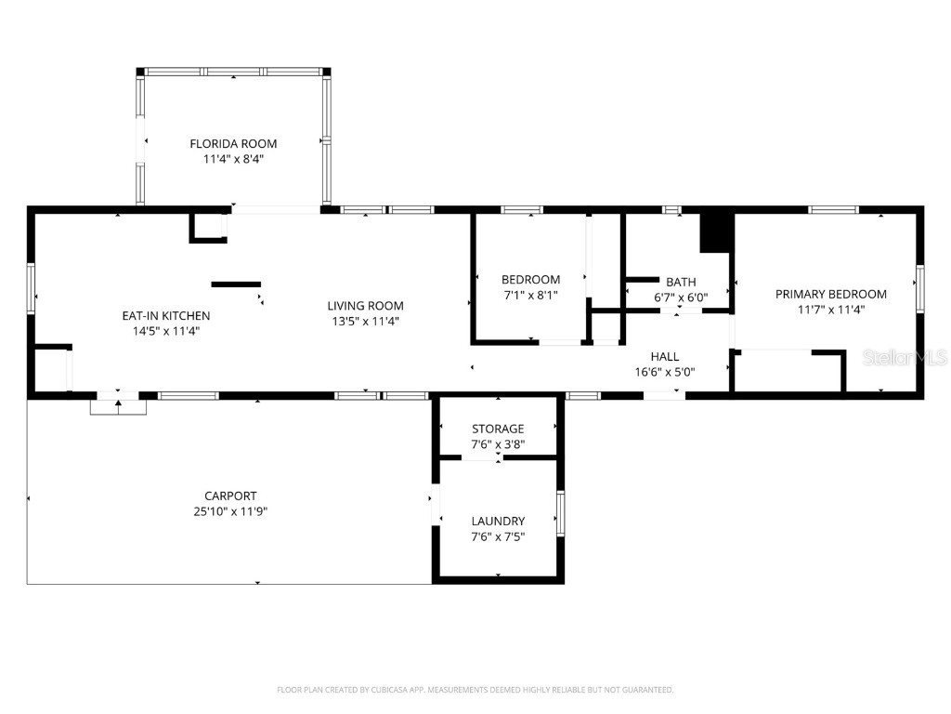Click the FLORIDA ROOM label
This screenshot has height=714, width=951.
[233, 143]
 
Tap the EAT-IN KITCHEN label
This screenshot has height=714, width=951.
[166, 316]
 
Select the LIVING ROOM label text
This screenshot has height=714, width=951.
[365, 306]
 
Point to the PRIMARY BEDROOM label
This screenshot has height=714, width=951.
[830, 294]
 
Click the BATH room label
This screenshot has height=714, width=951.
[681, 283]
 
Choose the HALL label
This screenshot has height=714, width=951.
[664, 356]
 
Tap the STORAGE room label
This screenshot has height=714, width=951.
[498, 429]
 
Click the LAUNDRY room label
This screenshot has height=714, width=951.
[498, 521]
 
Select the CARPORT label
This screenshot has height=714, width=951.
[230, 496]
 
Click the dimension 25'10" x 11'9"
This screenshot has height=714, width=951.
[230, 511]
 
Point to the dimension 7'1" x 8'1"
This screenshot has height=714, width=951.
[530, 295]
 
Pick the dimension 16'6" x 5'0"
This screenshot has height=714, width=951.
[664, 372]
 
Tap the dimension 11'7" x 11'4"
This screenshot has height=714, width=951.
[830, 310]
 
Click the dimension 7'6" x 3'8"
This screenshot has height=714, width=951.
[498, 444]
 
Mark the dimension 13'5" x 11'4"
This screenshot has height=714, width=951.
[365, 322]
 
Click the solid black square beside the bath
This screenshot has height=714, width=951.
[716, 232]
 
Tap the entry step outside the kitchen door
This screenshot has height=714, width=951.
[118, 407]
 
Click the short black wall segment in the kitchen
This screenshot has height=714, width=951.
[236, 284]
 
